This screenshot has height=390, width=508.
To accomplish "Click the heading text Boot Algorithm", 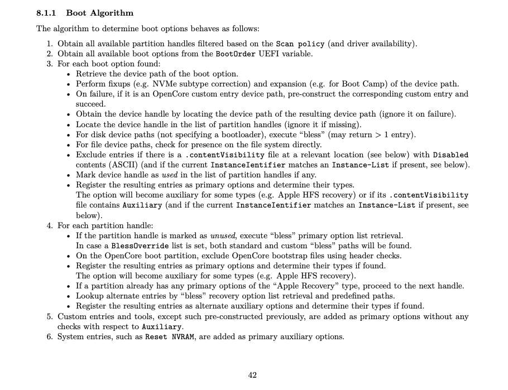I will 100,13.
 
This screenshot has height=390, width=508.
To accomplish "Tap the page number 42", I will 252,375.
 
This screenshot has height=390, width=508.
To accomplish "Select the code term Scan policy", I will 300,44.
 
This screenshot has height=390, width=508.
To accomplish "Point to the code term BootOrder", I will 236,54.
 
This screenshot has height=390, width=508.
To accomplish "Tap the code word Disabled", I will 451,155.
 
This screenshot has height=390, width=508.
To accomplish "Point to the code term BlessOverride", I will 137,245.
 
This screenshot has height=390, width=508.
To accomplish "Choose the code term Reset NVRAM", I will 169,336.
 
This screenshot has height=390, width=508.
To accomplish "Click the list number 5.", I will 50,316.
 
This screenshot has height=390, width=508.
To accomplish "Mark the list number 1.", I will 50,44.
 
